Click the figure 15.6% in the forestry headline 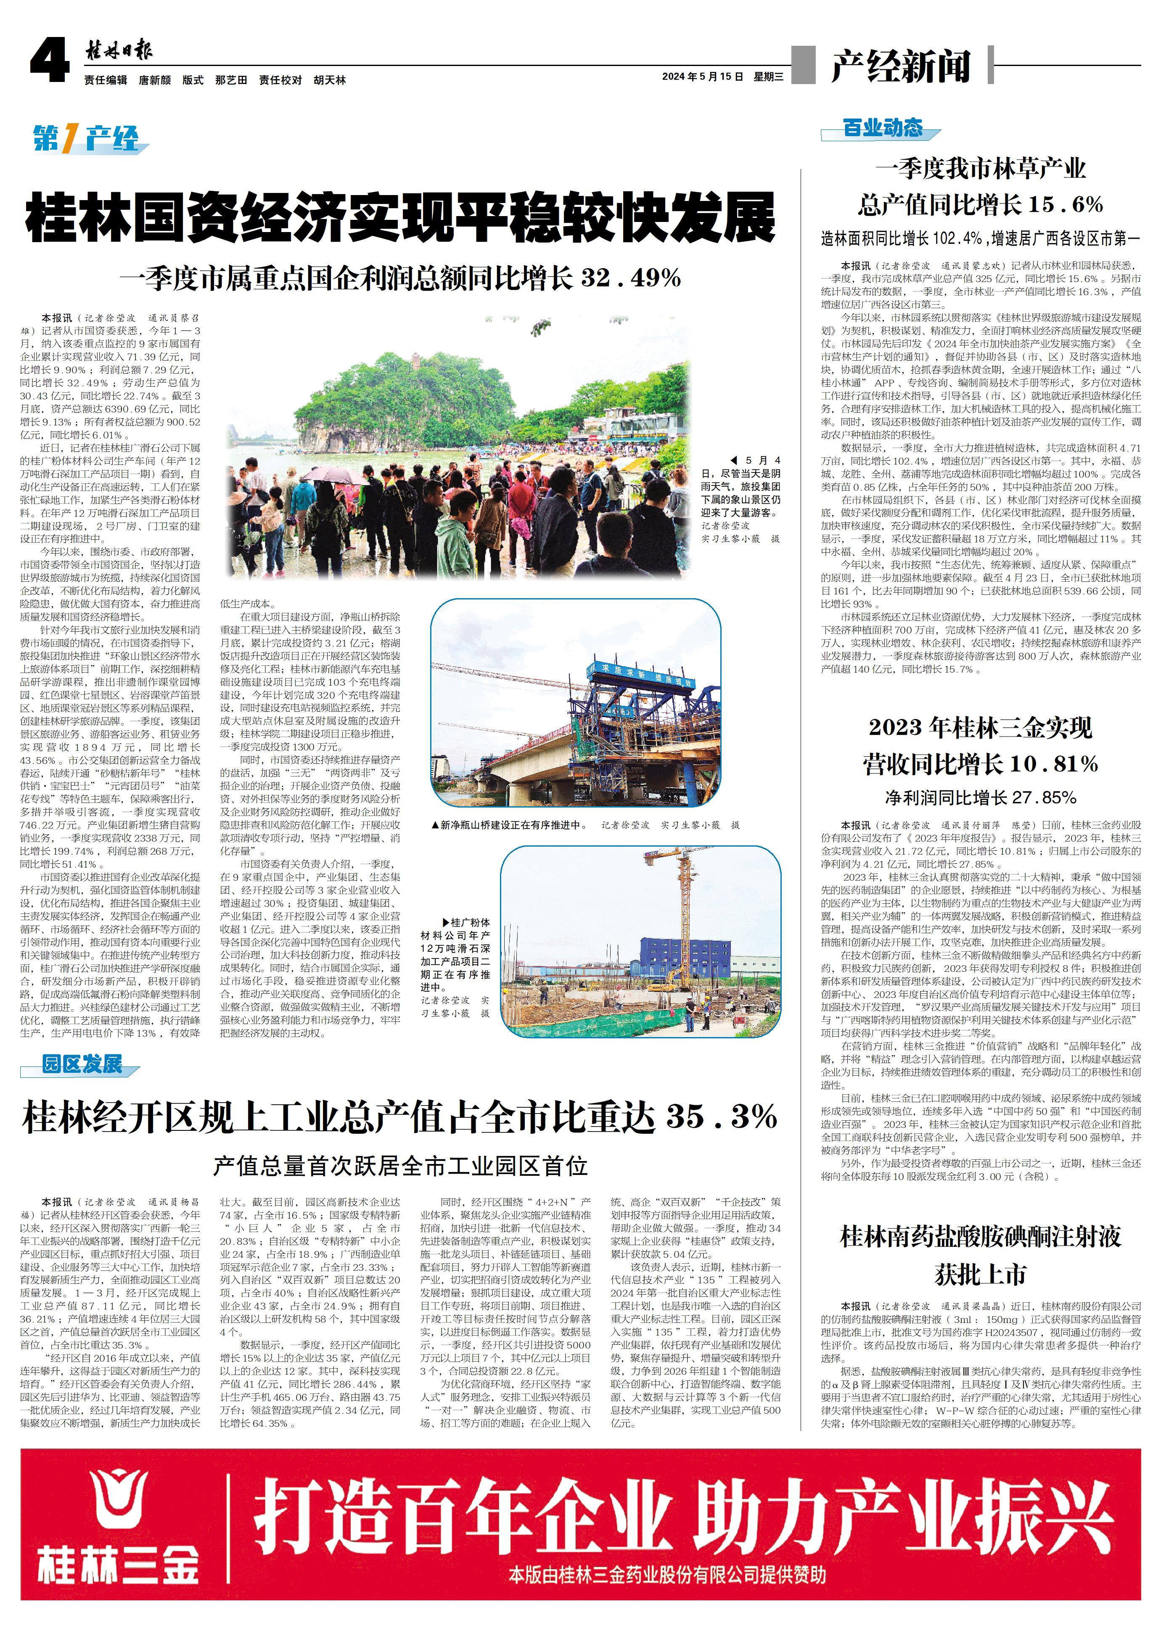[1065, 205]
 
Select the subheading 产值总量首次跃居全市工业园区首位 [400, 1167]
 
